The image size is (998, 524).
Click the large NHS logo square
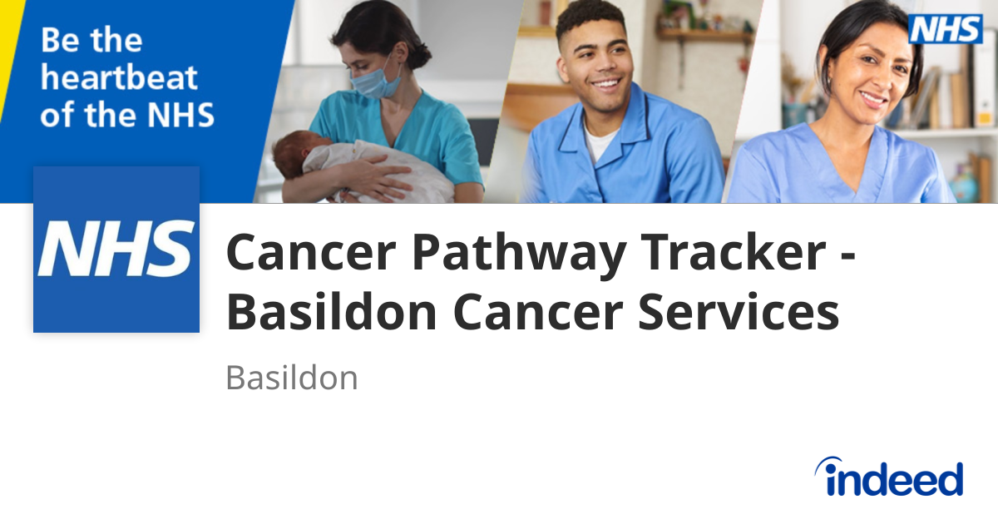116,250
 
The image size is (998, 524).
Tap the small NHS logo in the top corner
946,29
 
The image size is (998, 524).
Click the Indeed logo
889,477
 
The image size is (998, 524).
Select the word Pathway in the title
519,253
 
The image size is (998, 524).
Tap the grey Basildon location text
292,378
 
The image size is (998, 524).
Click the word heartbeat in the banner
119,77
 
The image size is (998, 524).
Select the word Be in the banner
60,40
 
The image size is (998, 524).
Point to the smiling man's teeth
606,83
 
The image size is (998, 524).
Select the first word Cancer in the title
311,252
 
